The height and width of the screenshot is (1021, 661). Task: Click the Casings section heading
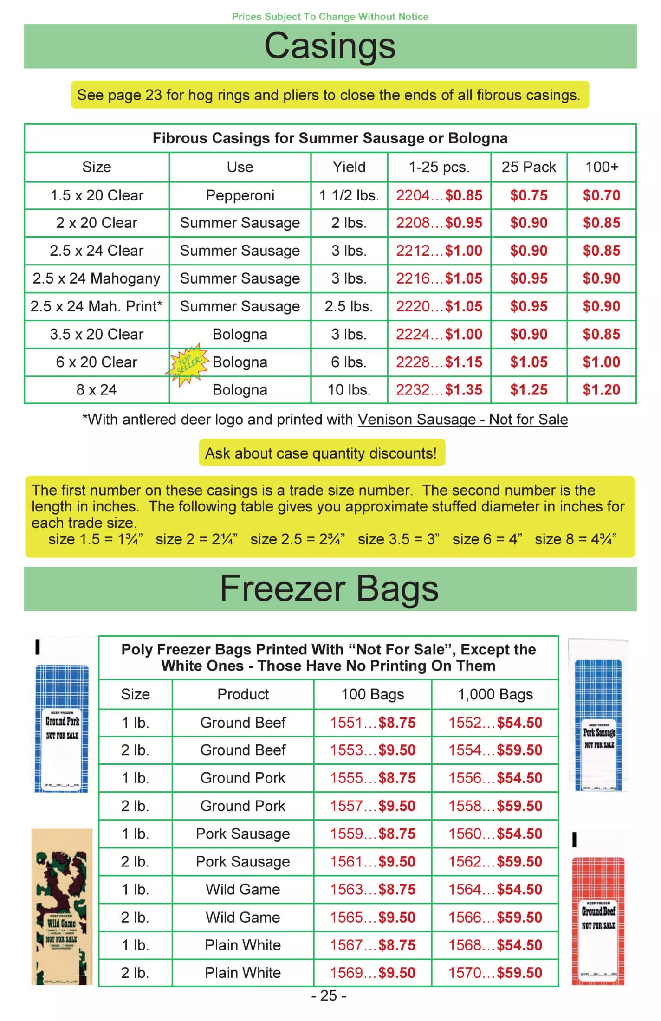tap(330, 46)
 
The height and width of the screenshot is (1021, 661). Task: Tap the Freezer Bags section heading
tap(329, 588)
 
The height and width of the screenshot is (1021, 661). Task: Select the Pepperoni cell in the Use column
tap(240, 195)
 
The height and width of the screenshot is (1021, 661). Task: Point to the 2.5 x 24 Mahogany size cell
tap(97, 278)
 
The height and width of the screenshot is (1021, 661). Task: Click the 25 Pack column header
tap(528, 167)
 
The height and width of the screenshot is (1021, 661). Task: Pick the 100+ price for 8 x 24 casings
tap(601, 390)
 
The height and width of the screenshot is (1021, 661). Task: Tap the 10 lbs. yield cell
tap(349, 390)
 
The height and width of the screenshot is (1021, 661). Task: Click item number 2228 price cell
tap(439, 362)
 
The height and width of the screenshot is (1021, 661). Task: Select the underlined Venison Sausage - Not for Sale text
tap(462, 420)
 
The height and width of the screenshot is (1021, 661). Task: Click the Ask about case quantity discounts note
tap(321, 453)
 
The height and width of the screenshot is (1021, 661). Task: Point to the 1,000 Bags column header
tap(495, 694)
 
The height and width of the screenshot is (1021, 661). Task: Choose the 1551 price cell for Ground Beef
tap(372, 723)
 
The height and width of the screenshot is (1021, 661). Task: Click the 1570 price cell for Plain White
tap(495, 973)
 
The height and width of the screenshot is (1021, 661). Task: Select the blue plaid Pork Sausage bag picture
tap(598, 724)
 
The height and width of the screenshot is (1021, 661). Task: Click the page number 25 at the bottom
tap(329, 996)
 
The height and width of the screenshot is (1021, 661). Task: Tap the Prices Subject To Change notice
tap(330, 17)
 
